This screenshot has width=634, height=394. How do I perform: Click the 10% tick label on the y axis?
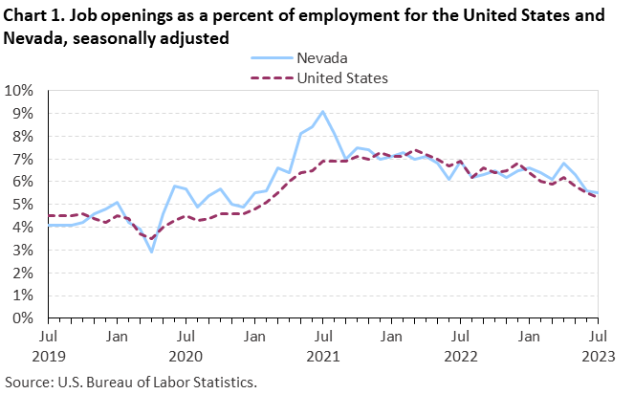tap(18, 91)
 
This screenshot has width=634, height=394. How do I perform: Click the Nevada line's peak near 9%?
tap(323, 111)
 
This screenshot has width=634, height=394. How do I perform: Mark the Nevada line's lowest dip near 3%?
tap(151, 252)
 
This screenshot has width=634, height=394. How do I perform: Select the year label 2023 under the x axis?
tap(598, 356)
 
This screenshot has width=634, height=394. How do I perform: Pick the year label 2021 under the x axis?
tap(323, 356)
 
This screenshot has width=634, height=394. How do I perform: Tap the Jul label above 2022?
tap(461, 337)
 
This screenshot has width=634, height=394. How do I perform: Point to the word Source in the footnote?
tap(25, 382)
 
